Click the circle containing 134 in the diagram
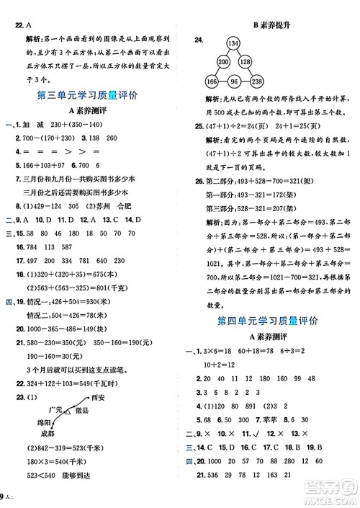[x=254, y=44]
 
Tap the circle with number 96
[x=254, y=81]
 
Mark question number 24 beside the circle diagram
[x=202, y=42]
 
